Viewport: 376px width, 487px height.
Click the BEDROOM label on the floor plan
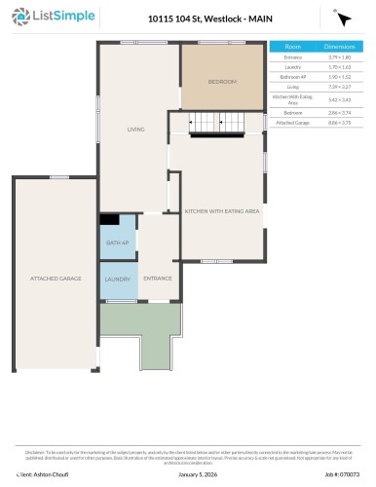pos(222,82)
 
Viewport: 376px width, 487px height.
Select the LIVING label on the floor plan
pos(136,129)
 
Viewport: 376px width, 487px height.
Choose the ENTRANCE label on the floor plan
pos(158,279)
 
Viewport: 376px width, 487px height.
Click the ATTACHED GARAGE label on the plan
pos(55,279)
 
